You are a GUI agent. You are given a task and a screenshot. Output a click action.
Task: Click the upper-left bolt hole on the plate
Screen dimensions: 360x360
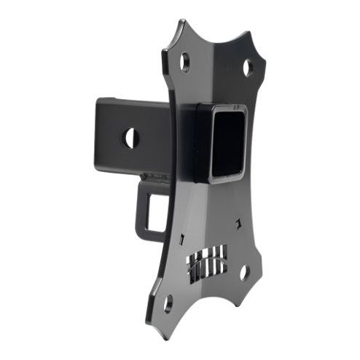click(185, 61)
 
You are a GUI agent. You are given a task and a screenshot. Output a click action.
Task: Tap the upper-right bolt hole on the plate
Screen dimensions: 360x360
click(248, 68)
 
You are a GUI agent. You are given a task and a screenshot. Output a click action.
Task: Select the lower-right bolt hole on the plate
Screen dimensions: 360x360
click(244, 272)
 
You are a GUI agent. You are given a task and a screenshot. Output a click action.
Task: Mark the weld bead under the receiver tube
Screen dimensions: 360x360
click(153, 176)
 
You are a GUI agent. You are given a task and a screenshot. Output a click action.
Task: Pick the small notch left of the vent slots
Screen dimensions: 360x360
click(179, 238)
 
